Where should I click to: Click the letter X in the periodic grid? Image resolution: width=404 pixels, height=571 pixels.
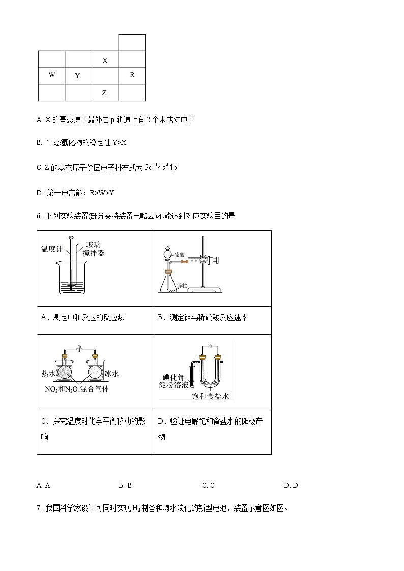(105, 61)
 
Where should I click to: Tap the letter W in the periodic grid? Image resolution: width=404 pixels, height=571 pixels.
(52, 75)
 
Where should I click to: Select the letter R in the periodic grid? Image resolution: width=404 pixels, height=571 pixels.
(132, 75)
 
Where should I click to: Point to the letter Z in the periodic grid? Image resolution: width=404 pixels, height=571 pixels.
(104, 93)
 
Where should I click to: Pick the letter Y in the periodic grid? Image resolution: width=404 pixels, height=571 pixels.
(78, 76)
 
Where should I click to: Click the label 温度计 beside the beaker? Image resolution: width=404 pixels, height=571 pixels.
(51, 249)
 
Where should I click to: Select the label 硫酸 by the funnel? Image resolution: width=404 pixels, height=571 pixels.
(179, 253)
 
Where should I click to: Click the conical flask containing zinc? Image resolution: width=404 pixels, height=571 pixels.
(167, 282)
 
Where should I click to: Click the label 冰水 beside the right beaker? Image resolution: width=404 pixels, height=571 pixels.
(111, 374)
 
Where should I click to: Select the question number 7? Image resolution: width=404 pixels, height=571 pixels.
(39, 508)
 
